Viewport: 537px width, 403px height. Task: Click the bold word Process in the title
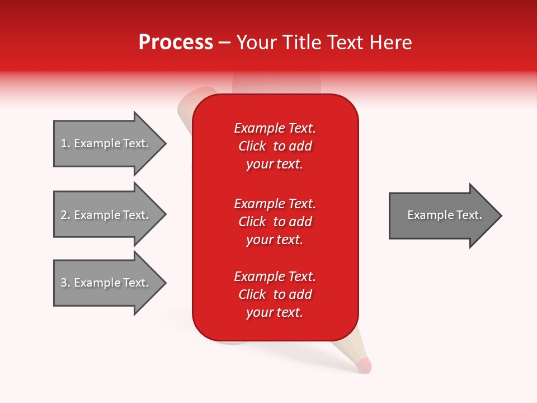tap(176, 43)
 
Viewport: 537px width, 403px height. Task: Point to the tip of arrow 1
tap(164, 143)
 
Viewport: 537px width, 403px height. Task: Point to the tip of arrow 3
tap(164, 283)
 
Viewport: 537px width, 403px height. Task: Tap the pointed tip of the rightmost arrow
tap(500, 215)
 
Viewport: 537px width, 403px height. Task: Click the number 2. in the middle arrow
tap(65, 215)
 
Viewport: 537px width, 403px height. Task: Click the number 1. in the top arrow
tap(65, 143)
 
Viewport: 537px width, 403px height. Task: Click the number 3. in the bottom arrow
tap(65, 283)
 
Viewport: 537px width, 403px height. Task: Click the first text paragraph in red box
tap(275, 146)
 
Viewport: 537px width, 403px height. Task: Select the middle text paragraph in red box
tap(275, 222)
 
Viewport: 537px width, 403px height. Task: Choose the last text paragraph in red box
tap(275, 294)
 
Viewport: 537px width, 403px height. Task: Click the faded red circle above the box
tap(277, 83)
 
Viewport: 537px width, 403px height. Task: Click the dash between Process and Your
tap(224, 43)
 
